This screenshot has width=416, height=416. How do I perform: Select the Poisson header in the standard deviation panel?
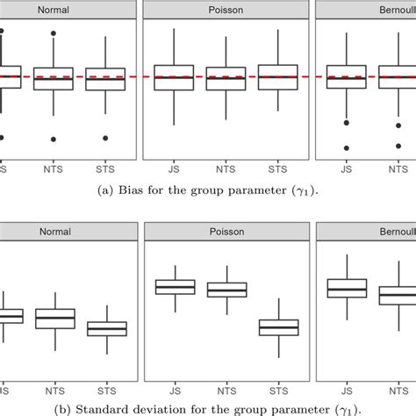226,232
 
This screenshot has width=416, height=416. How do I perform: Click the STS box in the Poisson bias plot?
278,77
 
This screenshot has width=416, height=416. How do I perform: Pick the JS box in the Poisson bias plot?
175,77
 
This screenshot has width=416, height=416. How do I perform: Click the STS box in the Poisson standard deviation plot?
278,327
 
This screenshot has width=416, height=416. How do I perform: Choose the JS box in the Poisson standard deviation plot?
175,287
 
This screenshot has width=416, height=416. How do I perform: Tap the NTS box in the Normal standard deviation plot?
54,319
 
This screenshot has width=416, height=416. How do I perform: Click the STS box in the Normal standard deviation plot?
106,329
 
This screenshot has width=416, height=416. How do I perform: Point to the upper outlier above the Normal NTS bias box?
54,33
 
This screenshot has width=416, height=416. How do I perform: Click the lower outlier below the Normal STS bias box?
106,138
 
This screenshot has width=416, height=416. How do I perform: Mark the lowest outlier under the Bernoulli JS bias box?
346,148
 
